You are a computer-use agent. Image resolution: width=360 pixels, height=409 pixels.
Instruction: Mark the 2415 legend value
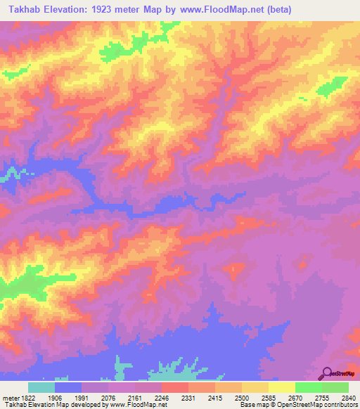click(x=214, y=397)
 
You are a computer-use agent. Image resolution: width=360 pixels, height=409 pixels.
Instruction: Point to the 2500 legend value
click(x=241, y=397)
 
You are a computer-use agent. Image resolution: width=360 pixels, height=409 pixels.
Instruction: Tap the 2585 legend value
click(x=268, y=397)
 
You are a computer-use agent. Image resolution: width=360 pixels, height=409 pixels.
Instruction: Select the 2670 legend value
click(x=295, y=397)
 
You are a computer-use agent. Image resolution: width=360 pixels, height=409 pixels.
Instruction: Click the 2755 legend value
click(x=321, y=397)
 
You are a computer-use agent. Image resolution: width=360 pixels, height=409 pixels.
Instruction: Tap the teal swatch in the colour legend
click(x=41, y=387)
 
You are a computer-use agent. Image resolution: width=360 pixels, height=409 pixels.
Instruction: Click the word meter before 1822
click(x=8, y=397)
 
